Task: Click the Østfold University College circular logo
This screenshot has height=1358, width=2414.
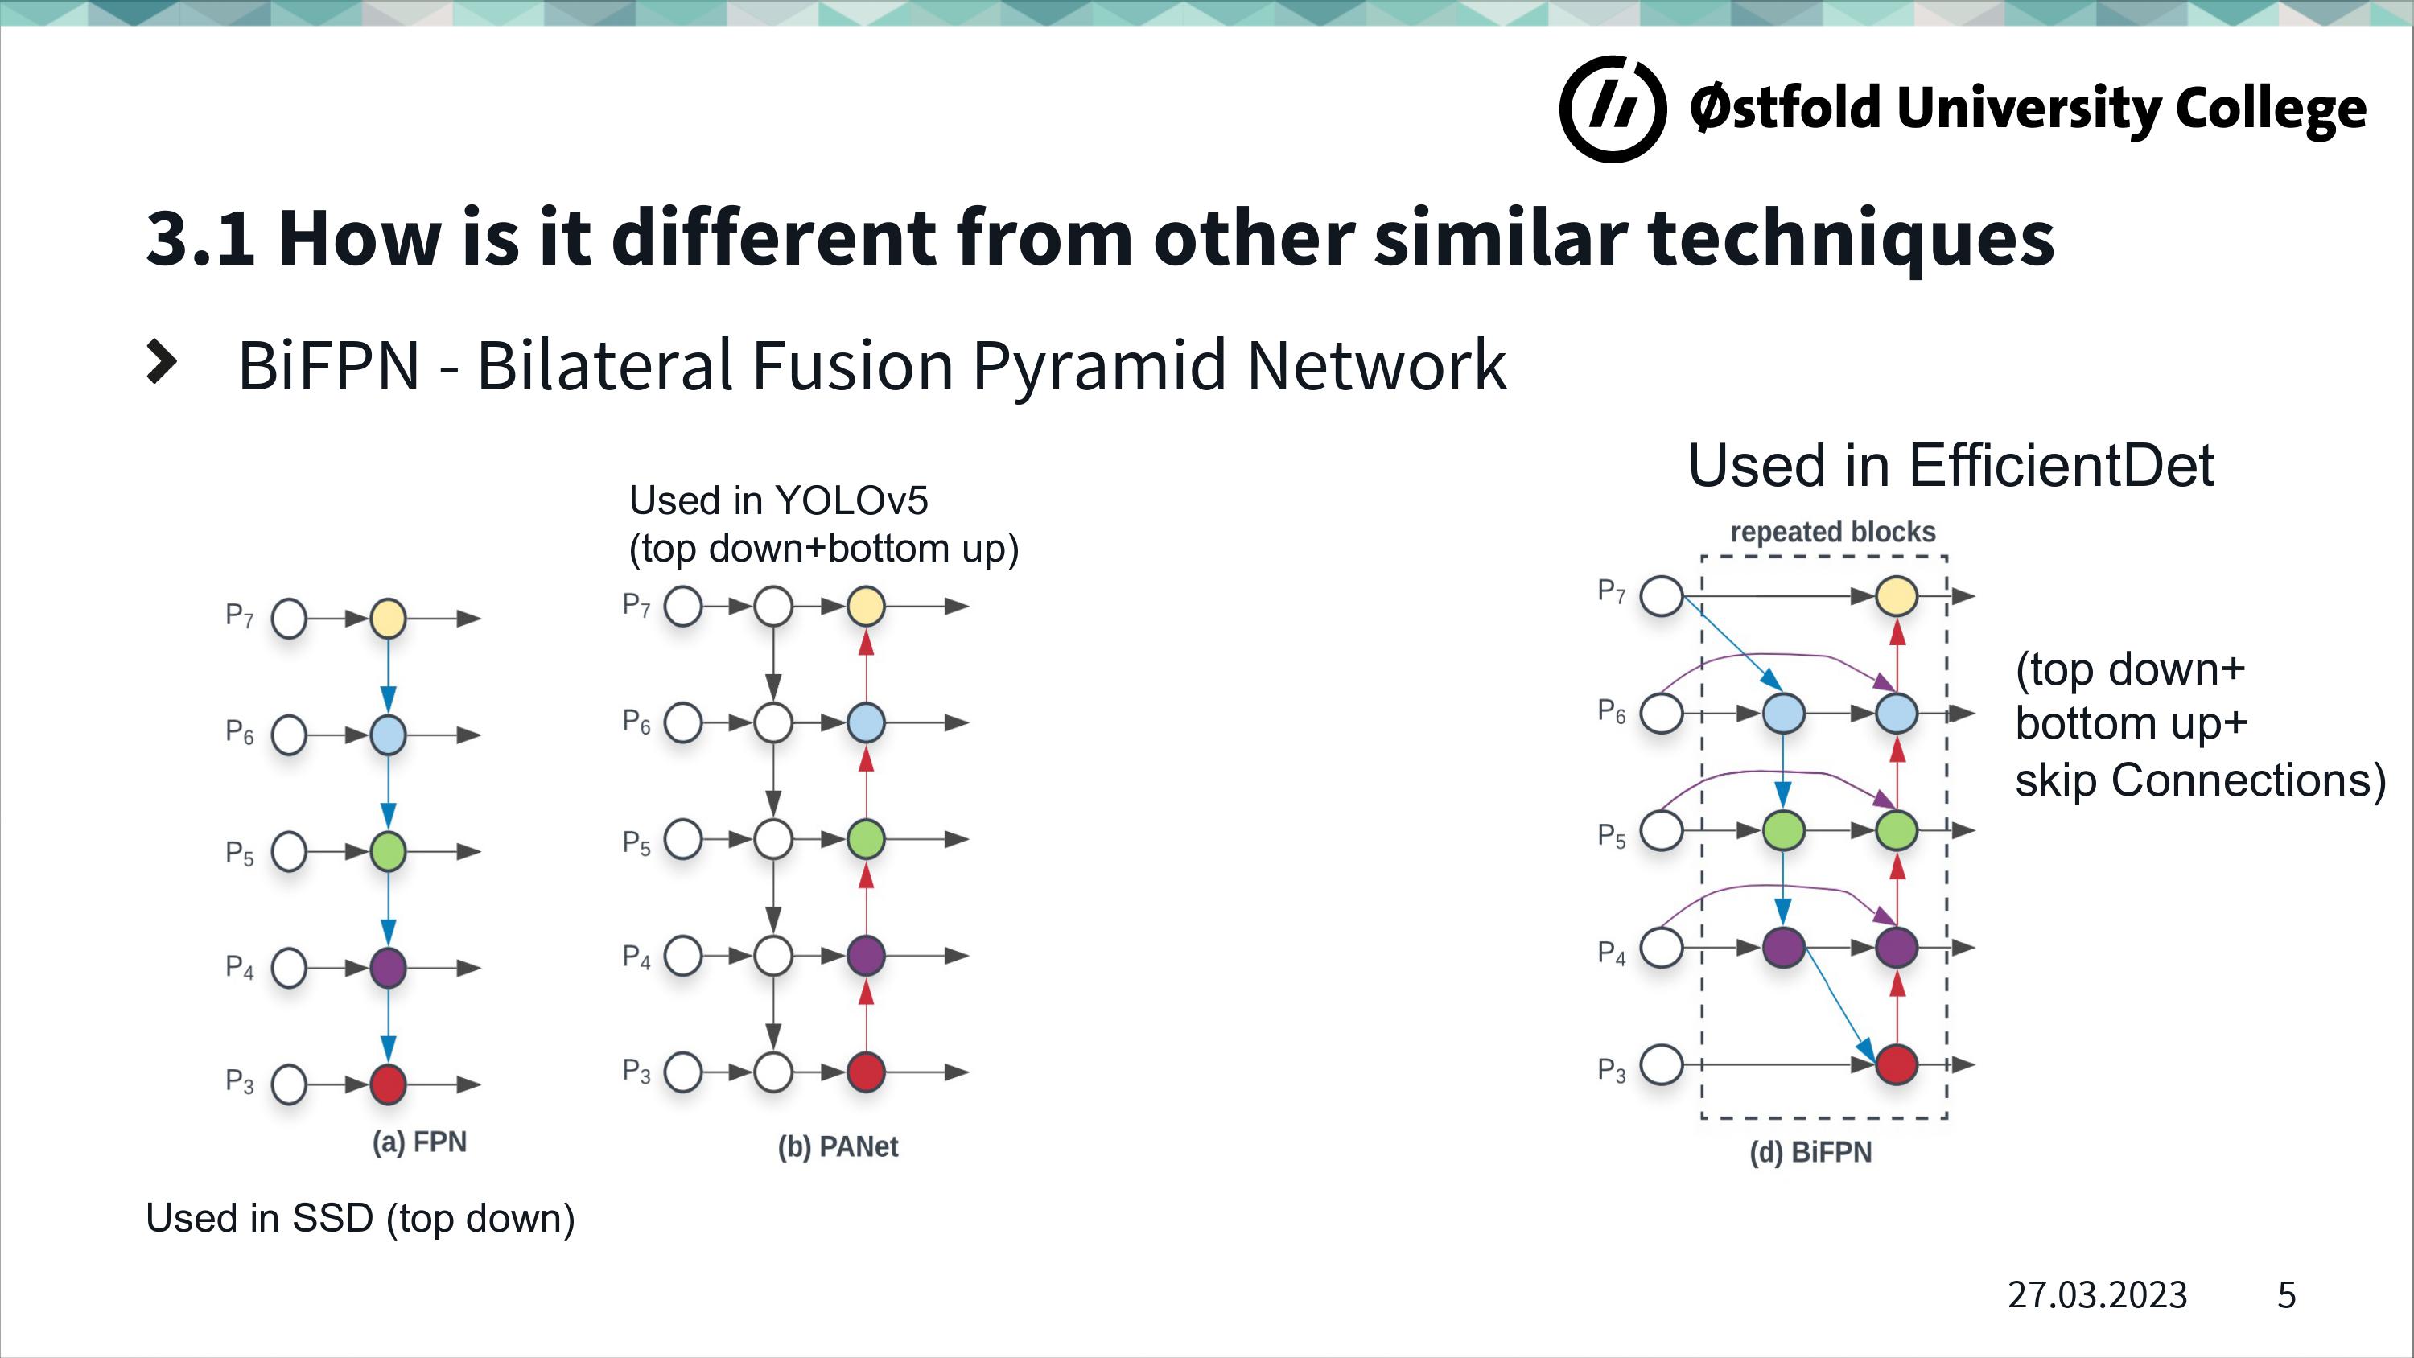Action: [x=1613, y=109]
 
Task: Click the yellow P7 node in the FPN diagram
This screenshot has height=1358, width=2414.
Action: [x=388, y=619]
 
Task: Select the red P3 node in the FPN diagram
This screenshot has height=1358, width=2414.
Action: [x=388, y=1084]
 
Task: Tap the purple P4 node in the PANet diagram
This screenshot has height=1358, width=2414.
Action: [x=866, y=956]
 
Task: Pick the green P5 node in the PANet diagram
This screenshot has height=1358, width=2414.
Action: [x=866, y=839]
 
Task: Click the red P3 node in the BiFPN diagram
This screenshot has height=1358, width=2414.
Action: [x=1897, y=1064]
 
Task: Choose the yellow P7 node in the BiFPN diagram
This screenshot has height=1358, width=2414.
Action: [x=1897, y=596]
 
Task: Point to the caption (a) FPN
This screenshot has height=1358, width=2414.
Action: [x=419, y=1142]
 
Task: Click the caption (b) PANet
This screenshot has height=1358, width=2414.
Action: [x=838, y=1147]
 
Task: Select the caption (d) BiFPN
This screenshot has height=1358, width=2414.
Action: [x=1810, y=1152]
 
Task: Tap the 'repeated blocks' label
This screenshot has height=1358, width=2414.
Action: [x=1833, y=533]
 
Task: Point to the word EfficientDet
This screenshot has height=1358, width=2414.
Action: [x=2061, y=465]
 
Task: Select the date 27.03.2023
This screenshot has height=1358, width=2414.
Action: [x=2097, y=1295]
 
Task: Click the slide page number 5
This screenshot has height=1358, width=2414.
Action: [x=2287, y=1295]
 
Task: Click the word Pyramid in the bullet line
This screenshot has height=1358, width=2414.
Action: [x=1099, y=366]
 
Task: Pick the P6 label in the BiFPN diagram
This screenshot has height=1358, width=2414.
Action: [x=1611, y=711]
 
